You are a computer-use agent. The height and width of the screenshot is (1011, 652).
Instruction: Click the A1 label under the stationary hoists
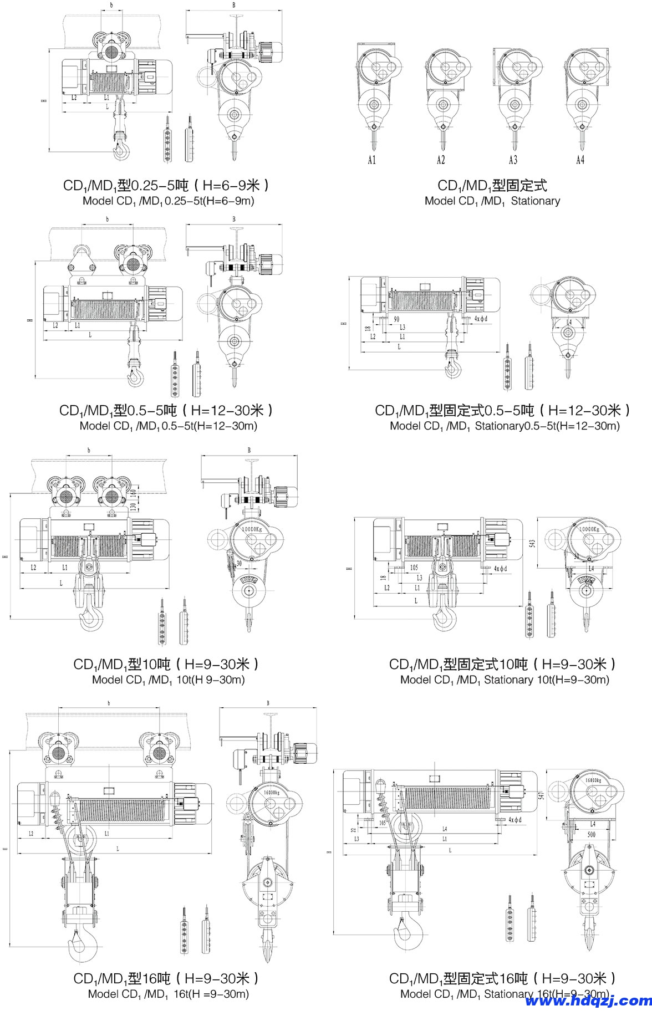click(x=372, y=160)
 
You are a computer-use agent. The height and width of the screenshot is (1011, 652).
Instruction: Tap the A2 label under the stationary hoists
click(x=441, y=160)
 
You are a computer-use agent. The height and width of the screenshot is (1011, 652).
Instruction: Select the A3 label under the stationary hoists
click(x=513, y=160)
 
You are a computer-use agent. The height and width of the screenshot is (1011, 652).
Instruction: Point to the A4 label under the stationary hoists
click(x=580, y=160)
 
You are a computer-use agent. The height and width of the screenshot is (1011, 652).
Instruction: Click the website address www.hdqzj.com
click(x=588, y=1000)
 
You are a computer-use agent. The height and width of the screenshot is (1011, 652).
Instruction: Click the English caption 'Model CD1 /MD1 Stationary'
click(x=492, y=201)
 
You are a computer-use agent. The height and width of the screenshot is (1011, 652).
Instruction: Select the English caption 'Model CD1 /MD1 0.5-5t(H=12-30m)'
click(x=169, y=426)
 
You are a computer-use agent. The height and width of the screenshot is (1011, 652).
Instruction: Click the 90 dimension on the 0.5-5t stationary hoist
click(x=396, y=319)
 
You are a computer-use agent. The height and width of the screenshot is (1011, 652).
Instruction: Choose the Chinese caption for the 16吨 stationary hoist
click(x=502, y=979)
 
